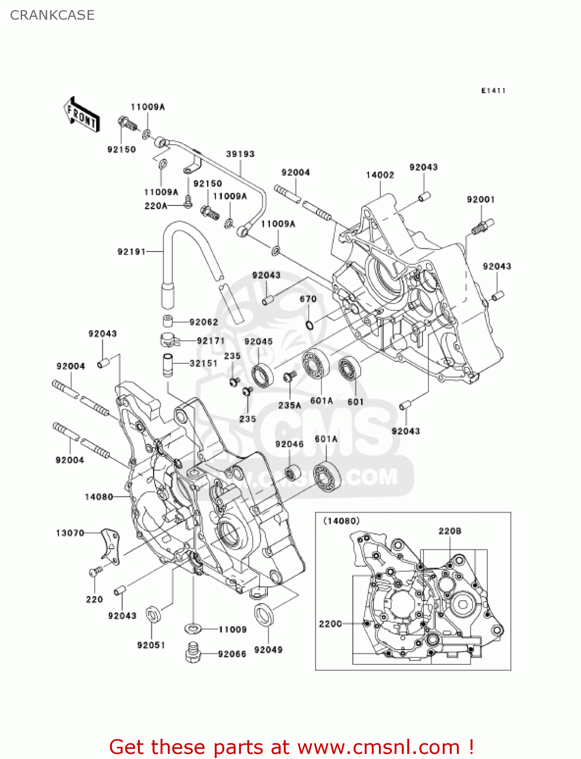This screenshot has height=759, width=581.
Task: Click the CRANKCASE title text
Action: point(52,15)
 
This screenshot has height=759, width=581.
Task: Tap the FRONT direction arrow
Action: point(81,115)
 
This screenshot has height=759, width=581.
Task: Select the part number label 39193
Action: point(240,154)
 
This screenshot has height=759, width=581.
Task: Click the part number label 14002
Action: point(380,175)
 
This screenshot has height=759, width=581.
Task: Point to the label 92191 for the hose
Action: point(132,251)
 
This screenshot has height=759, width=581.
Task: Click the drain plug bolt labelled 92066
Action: point(192,653)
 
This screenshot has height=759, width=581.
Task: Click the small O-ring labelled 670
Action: point(309,323)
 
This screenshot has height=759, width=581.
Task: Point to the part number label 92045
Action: point(258,342)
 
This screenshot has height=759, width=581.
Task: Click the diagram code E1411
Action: point(493,91)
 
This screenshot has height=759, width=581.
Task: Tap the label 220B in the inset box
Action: point(450,531)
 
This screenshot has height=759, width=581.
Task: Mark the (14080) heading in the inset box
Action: point(341,521)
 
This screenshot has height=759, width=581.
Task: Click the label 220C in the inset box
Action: point(330,624)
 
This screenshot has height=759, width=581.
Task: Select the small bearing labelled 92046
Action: point(292,474)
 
